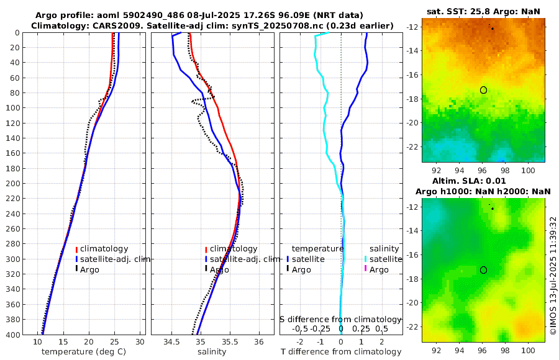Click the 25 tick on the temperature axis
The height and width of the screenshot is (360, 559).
[114, 342]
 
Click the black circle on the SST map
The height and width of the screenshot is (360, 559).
[483, 90]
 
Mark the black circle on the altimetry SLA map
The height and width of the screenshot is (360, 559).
[483, 270]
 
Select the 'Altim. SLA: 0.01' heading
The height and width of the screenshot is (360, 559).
[483, 180]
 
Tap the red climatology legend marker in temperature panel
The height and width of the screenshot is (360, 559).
[76, 249]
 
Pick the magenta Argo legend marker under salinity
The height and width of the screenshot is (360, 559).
[366, 269]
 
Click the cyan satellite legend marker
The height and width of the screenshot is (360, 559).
[366, 259]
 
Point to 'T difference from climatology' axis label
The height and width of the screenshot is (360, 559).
[341, 352]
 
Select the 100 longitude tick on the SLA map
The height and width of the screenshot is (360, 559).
[529, 349]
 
